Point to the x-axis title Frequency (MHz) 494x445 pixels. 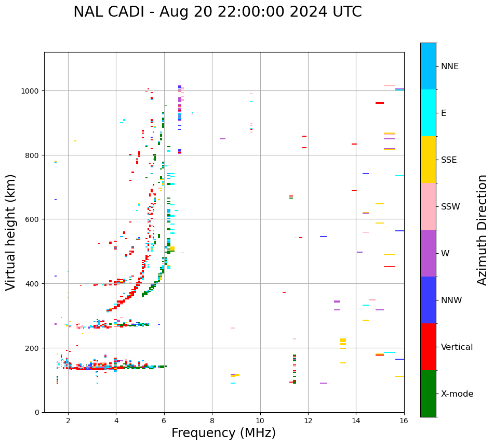223,433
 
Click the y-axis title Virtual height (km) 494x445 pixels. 11,232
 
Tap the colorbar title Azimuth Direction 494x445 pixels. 483,230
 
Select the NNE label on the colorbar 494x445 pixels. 450,66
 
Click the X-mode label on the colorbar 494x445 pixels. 457,394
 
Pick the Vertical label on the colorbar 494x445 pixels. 457,347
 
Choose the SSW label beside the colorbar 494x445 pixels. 450,207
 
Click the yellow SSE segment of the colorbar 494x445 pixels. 428,160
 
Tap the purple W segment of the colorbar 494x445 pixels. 428,253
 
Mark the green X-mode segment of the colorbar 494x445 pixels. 428,394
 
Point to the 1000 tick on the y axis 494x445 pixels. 33,91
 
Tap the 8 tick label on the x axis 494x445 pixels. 212,421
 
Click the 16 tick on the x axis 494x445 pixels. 404,421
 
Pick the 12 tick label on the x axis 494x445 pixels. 308,421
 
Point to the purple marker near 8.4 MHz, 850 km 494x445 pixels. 223,139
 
